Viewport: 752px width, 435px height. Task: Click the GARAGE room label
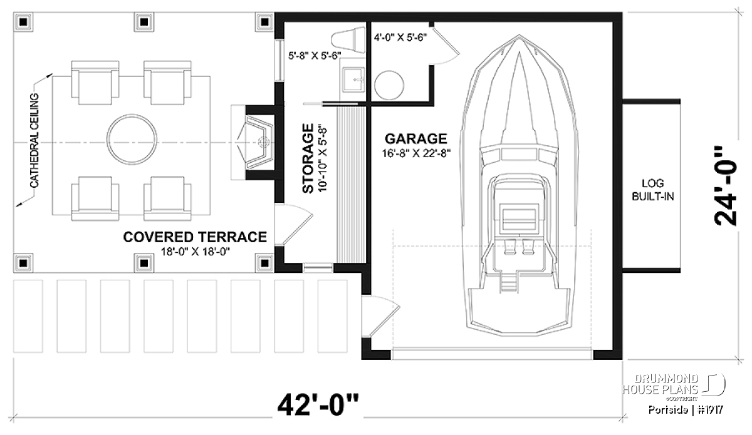click(415, 139)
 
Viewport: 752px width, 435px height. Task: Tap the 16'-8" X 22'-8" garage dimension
click(416, 153)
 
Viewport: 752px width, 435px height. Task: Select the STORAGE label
click(308, 158)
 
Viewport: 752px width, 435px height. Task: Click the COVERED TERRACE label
click(195, 237)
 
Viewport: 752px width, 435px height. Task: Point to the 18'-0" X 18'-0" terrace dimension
click(195, 251)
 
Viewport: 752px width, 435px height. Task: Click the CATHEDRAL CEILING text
click(34, 141)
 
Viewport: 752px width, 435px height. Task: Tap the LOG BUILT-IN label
click(652, 190)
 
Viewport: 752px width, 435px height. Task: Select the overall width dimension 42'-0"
click(318, 404)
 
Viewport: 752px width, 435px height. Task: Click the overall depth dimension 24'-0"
click(725, 190)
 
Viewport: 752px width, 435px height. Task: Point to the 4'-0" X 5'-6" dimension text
click(400, 38)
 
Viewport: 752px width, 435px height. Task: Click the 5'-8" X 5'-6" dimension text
click(315, 56)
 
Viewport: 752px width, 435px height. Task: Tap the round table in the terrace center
click(132, 140)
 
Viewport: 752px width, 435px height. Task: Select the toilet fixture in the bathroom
click(348, 40)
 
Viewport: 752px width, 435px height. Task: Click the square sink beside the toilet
click(353, 80)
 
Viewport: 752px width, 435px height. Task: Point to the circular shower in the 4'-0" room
click(389, 85)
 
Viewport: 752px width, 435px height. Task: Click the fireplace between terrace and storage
click(258, 143)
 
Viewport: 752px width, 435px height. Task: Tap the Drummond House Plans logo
click(674, 387)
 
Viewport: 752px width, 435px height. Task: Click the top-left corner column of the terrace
click(23, 22)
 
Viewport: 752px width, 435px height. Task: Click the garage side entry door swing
click(381, 316)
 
